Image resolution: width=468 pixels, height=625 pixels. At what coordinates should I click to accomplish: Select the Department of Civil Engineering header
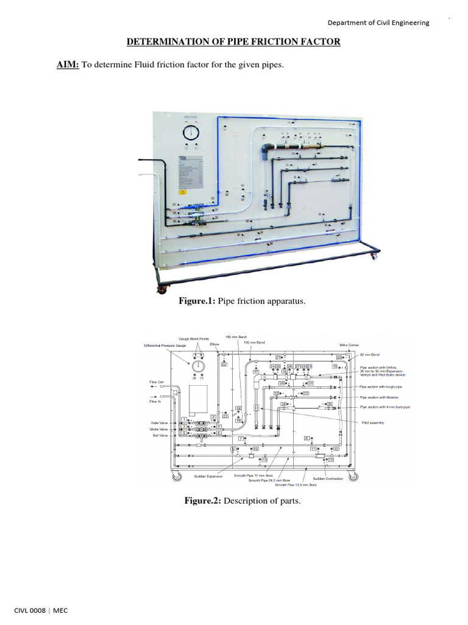pyautogui.click(x=378, y=23)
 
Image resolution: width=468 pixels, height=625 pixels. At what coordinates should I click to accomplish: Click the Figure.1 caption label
pyautogui.click(x=196, y=302)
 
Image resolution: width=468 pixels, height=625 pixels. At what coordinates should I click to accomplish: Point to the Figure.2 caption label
pyautogui.click(x=202, y=501)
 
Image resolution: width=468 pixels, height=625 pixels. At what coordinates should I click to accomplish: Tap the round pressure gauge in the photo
pyautogui.click(x=190, y=134)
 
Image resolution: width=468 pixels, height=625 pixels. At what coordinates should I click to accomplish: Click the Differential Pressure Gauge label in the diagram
pyautogui.click(x=165, y=345)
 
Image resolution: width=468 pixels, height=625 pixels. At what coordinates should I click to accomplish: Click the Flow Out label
pyautogui.click(x=157, y=383)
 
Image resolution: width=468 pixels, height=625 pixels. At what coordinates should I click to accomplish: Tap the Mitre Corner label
pyautogui.click(x=350, y=345)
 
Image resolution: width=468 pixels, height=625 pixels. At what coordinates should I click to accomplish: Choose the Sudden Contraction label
pyautogui.click(x=328, y=479)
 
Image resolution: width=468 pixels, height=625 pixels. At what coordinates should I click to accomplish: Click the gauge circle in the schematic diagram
pyautogui.click(x=198, y=367)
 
